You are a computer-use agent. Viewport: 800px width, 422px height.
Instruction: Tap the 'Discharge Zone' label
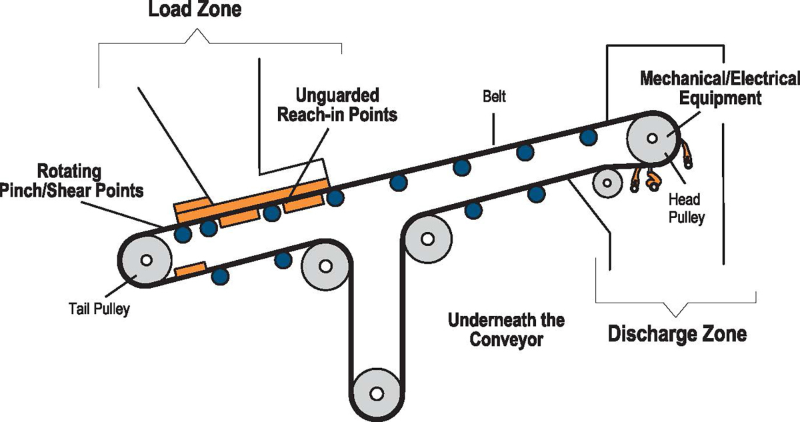(677, 333)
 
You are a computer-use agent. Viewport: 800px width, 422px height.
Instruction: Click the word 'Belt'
(494, 97)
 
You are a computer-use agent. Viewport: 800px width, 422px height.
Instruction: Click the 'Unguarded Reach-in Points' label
(347, 105)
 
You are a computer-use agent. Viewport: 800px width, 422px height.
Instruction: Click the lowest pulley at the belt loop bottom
(377, 393)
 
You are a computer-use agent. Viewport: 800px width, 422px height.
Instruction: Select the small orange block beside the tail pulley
(189, 270)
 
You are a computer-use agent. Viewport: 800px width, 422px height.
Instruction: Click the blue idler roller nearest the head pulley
(587, 137)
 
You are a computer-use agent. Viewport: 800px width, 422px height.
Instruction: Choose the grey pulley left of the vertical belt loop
(325, 265)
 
